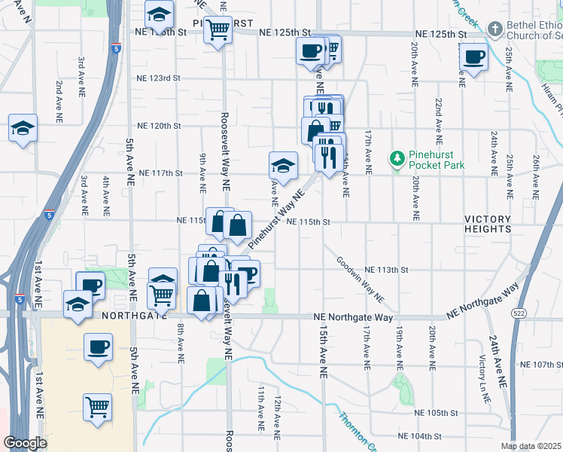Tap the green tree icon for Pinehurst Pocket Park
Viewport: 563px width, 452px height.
(396, 158)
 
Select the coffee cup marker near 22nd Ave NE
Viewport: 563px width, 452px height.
(473, 57)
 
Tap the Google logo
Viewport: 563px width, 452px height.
(26, 443)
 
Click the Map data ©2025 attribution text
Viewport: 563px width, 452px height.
(530, 446)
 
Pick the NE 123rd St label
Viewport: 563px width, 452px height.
(159, 78)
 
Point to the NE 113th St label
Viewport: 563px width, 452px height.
(386, 270)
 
